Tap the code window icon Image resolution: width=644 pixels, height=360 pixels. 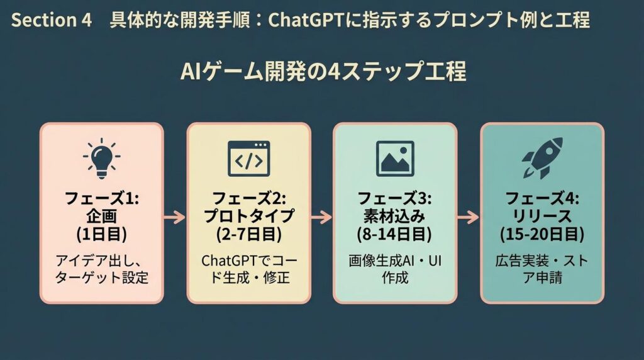coord(248,158)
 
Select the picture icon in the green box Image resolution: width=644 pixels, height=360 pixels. coord(395,158)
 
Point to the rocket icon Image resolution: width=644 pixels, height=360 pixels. coord(541,158)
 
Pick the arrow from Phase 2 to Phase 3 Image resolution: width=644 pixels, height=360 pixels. coord(321,218)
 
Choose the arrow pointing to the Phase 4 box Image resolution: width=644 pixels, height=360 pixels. coord(469,218)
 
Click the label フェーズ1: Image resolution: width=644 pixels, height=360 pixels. coord(102,199)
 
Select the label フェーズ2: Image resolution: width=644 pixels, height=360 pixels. coord(248,199)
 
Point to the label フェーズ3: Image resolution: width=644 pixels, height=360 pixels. coord(395,199)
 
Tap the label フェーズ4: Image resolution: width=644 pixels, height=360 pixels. coord(541,199)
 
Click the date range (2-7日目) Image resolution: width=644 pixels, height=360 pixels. coord(248,234)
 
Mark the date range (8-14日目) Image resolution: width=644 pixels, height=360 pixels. coord(395,234)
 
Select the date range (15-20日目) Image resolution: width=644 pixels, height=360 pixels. coord(541,234)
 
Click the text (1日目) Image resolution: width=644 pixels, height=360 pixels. coord(102,234)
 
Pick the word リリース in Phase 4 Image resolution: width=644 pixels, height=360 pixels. coord(541,217)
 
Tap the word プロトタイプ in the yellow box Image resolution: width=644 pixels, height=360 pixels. coord(248,217)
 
